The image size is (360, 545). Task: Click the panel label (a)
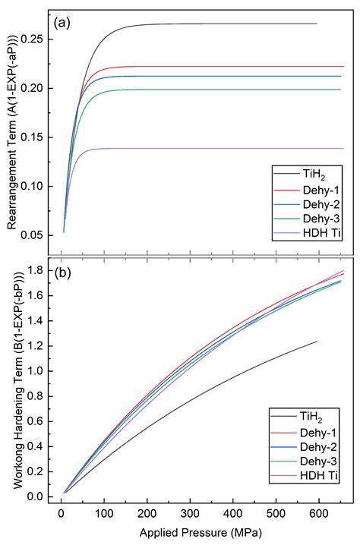tap(62, 20)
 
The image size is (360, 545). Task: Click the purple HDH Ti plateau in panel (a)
tap(228, 148)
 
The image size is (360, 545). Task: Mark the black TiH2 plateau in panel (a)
tap(228, 24)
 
